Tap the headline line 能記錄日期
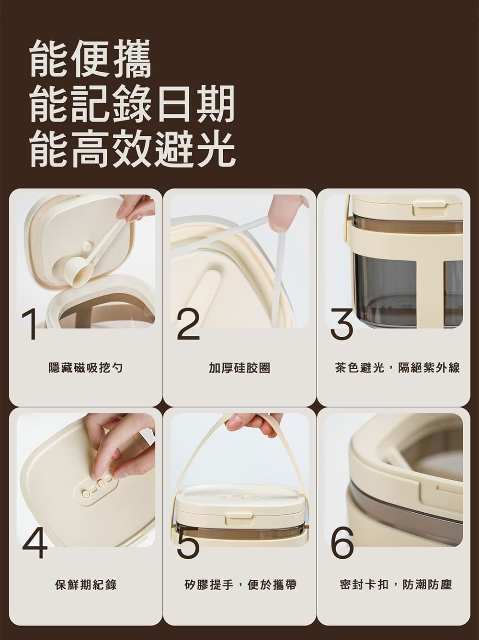pyautogui.click(x=132, y=103)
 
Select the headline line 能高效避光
pyautogui.click(x=132, y=148)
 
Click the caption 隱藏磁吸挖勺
pyautogui.click(x=85, y=368)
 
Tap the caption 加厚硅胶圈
pyautogui.click(x=239, y=368)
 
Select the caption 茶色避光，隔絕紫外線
pyautogui.click(x=397, y=368)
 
